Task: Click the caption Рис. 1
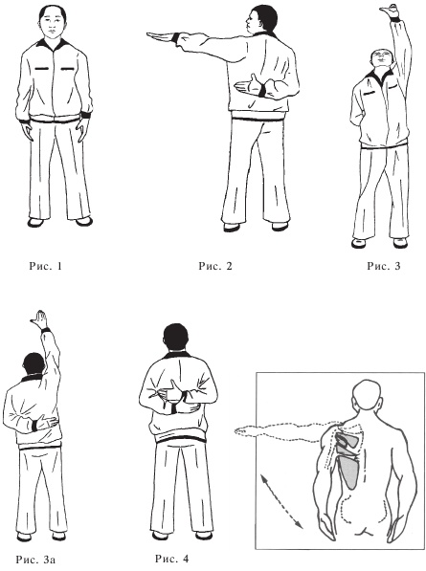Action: click(x=46, y=266)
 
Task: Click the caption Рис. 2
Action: click(x=215, y=266)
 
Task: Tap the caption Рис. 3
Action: click(x=383, y=266)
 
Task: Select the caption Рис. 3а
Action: click(x=35, y=559)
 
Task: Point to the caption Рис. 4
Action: click(x=172, y=559)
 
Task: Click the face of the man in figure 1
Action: click(x=53, y=26)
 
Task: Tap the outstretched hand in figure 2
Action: click(x=160, y=36)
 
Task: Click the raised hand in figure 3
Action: click(x=390, y=11)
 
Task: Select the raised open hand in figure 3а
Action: click(x=39, y=319)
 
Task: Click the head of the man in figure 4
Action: click(x=176, y=338)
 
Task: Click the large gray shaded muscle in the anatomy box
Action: click(x=349, y=472)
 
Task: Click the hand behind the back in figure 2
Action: click(x=249, y=85)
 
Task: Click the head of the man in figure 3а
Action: click(x=34, y=364)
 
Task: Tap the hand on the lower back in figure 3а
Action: click(x=47, y=422)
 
